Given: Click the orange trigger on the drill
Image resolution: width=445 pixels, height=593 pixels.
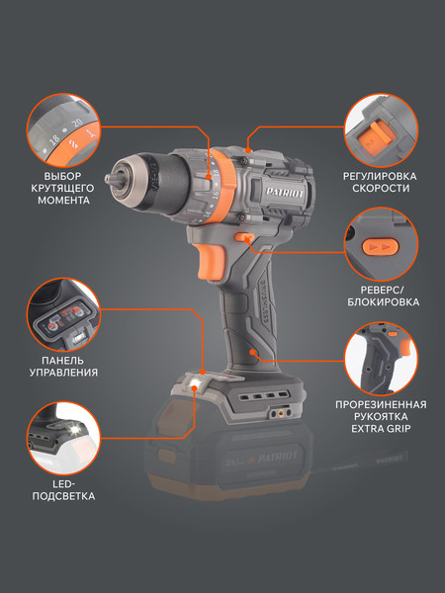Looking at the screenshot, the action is [210, 261].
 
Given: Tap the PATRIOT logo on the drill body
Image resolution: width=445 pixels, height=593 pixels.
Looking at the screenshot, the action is [285, 192].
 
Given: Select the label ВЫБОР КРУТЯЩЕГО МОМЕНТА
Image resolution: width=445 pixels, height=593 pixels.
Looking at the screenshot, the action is [63, 189].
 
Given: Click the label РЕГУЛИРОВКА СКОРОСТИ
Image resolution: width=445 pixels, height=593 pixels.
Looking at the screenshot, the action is [380, 182].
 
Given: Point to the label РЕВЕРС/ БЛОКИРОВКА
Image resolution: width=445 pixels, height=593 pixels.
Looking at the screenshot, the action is [383, 296].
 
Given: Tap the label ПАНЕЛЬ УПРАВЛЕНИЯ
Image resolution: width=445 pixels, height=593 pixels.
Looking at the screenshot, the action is [63, 366].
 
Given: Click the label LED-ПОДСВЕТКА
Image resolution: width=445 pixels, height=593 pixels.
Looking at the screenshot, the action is [63, 490].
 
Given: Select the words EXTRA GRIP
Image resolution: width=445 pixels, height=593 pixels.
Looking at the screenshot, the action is [381, 429].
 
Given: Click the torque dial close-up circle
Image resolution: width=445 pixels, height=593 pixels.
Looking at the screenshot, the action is [63, 130].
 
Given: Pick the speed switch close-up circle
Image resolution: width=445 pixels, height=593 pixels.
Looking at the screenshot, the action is [382, 130].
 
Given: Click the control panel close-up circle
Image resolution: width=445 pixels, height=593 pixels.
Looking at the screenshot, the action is [63, 314].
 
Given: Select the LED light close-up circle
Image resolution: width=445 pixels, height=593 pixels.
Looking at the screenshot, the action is [63, 439].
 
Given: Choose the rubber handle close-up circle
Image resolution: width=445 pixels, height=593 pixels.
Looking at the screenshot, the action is [382, 359].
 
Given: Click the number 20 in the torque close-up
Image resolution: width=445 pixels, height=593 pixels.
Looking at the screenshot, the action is [77, 123].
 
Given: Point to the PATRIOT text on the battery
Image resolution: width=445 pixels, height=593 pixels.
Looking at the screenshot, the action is [278, 457].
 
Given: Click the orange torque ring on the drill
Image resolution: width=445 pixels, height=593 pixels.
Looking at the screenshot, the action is [224, 186].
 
